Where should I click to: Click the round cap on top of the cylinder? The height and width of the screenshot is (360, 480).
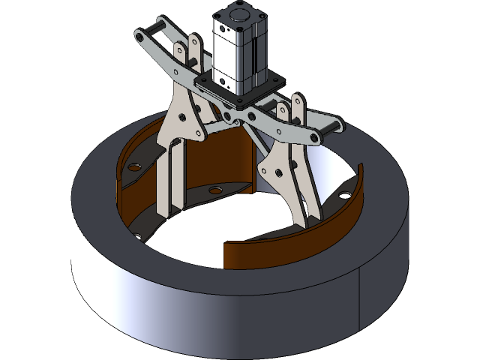pos(238,13)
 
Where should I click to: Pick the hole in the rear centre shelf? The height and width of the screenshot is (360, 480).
pos(215,190)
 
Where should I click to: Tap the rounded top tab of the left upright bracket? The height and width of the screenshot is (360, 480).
pos(194,42)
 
